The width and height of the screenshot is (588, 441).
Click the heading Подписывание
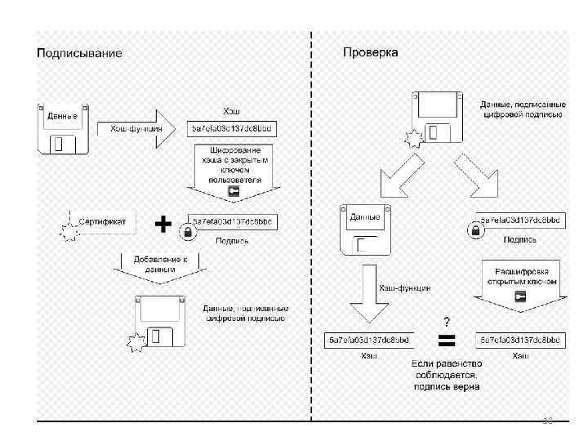pyautogui.click(x=79, y=53)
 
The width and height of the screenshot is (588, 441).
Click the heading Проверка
pyautogui.click(x=371, y=53)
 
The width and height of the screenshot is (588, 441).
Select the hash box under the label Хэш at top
pyautogui.click(x=233, y=128)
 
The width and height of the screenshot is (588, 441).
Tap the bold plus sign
pyautogui.click(x=163, y=224)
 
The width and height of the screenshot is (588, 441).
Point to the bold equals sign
pyautogui.click(x=447, y=339)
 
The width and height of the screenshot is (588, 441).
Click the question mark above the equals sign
pyautogui.click(x=447, y=320)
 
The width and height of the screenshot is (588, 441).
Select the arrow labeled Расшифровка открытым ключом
pyautogui.click(x=519, y=285)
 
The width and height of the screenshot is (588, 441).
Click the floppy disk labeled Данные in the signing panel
pyautogui.click(x=62, y=128)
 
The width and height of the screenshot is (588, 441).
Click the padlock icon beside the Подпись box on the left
pyautogui.click(x=187, y=233)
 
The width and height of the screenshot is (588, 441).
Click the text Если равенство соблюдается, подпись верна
pyautogui.click(x=446, y=374)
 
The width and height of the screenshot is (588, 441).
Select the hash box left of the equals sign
pyautogui.click(x=369, y=339)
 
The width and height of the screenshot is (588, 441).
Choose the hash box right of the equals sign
pyautogui.click(x=520, y=339)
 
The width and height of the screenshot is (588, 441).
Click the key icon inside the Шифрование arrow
pyautogui.click(x=232, y=192)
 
